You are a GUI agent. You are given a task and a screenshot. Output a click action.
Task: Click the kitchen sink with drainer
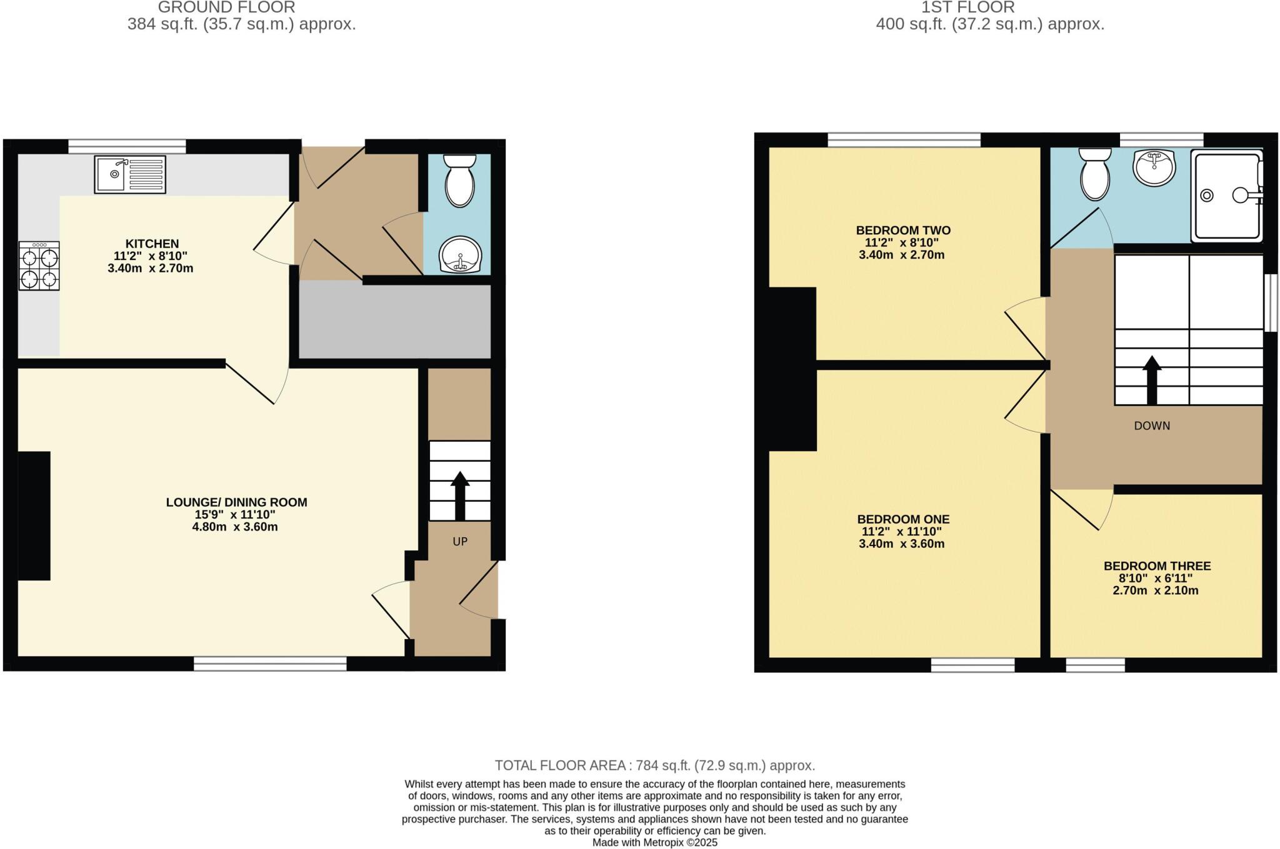(130, 174)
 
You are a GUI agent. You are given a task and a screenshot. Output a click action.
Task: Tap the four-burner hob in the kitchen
(39, 266)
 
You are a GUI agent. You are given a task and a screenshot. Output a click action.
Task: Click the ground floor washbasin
(461, 255)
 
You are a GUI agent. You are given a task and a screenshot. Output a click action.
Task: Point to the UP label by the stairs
(460, 542)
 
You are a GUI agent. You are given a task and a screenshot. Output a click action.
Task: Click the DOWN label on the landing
(1152, 426)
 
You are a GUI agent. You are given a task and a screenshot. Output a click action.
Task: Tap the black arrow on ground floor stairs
(460, 496)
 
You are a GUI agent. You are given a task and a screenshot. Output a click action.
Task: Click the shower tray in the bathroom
(1226, 196)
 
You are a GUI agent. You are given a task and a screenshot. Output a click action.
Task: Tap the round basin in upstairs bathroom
(1154, 167)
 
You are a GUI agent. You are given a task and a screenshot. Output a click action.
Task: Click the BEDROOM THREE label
(1157, 566)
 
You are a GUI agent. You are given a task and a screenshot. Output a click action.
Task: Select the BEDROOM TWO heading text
(903, 230)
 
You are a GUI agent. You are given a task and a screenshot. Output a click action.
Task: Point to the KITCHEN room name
(152, 244)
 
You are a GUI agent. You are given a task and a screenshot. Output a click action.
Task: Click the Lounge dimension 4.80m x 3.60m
(235, 527)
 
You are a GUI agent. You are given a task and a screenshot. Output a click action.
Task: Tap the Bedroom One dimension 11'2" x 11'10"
(901, 532)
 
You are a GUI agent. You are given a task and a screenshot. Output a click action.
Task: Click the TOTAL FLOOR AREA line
(654, 765)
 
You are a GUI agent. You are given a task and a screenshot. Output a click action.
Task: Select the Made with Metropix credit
(654, 842)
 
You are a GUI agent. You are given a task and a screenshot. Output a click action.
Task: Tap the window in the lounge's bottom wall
(270, 663)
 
